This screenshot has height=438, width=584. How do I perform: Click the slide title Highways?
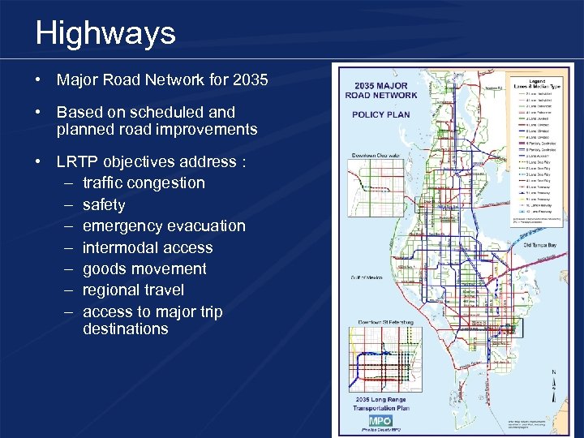105,33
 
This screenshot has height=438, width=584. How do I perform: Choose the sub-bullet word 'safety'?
104,204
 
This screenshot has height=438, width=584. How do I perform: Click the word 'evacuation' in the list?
204,225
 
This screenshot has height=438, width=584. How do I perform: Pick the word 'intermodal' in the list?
118,247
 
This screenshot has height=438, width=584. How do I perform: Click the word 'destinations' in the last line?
125,328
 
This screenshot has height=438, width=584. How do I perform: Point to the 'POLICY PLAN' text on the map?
380,114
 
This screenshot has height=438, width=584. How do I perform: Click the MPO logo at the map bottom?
380,420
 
